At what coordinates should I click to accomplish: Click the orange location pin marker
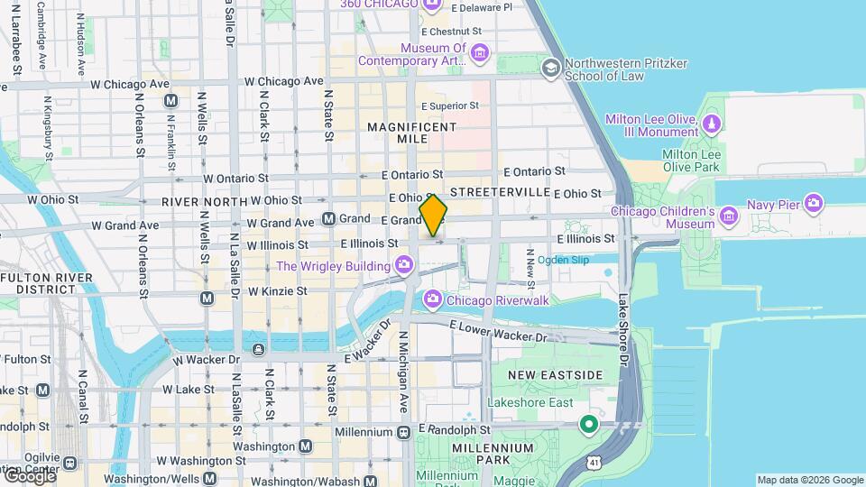[x=433, y=216]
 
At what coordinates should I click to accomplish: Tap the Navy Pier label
[x=774, y=205]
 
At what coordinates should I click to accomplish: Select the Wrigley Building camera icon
[x=404, y=265]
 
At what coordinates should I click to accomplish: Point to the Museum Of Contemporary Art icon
[x=479, y=55]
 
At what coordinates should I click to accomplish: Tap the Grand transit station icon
[x=328, y=218]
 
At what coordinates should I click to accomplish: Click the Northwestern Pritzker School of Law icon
[x=550, y=69]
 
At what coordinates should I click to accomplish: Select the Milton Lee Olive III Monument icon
[x=712, y=122]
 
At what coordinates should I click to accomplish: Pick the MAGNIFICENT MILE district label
[x=411, y=134]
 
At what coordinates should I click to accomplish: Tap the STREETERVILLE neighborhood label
[x=500, y=192]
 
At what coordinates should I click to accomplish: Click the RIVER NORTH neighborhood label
[x=204, y=200]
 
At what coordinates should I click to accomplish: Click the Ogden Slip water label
[x=563, y=260]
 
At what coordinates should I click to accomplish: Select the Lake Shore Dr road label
[x=622, y=330]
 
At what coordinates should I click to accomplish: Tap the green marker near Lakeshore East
[x=589, y=423]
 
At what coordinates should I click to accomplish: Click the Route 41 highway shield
[x=593, y=462]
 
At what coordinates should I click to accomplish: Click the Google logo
[x=30, y=475]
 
